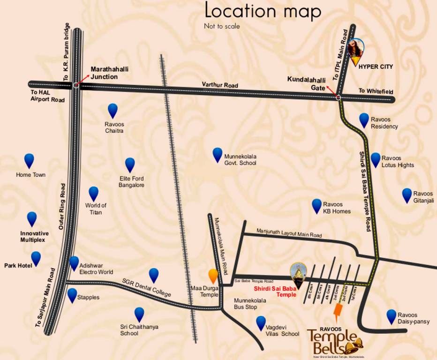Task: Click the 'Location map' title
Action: click(x=263, y=11)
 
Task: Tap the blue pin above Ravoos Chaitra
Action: click(x=113, y=110)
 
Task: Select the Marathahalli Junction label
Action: click(x=110, y=73)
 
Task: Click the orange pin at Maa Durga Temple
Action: click(x=213, y=276)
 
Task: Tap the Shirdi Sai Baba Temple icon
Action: click(x=297, y=272)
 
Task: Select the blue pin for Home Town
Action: click(x=29, y=160)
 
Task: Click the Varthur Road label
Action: click(x=220, y=85)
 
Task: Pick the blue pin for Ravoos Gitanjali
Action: click(x=407, y=195)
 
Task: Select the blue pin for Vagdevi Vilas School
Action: click(x=261, y=322)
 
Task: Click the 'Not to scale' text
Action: click(x=222, y=26)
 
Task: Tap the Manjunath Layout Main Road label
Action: click(x=289, y=233)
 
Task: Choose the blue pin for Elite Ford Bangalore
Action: click(x=130, y=165)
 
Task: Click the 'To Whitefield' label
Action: click(x=376, y=91)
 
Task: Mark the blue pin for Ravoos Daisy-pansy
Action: click(x=391, y=316)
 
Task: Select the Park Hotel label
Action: click(x=17, y=265)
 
